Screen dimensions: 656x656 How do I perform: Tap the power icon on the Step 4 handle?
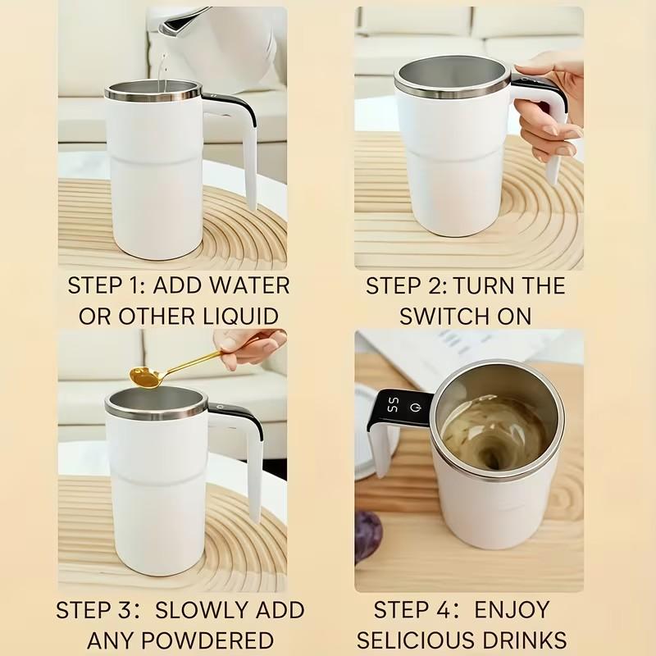(x=416, y=406)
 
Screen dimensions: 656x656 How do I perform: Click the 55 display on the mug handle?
(x=394, y=405)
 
